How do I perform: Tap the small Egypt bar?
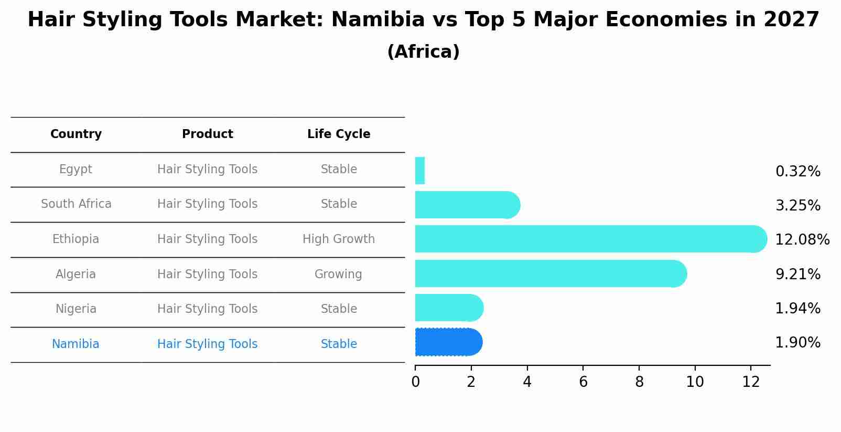(419, 171)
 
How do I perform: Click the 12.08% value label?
(802, 240)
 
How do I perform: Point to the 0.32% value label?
(797, 172)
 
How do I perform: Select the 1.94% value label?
(797, 309)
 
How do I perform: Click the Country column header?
(76, 134)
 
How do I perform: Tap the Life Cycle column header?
(339, 134)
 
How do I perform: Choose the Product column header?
(208, 134)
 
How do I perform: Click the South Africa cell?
(76, 204)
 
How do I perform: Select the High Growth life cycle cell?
(339, 239)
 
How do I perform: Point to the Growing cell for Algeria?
(338, 275)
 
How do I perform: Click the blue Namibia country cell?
(76, 344)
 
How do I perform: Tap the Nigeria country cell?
(76, 309)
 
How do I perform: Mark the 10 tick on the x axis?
(695, 382)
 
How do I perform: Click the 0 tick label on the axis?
(415, 382)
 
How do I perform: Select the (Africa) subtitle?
(423, 52)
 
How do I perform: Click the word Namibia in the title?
(378, 20)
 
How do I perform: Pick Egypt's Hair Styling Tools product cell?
(208, 170)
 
